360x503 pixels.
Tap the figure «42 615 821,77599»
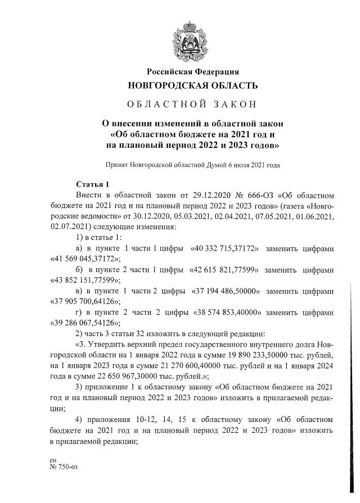pos(224,270)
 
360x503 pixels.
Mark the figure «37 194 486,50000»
pos(225,291)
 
